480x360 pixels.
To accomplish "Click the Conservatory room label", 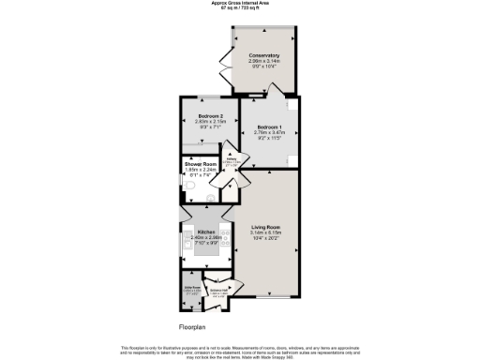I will (265, 55).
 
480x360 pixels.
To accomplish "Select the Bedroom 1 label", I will (268, 125).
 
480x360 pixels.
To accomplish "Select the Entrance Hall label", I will (218, 293).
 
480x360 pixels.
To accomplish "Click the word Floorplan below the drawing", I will (191, 327).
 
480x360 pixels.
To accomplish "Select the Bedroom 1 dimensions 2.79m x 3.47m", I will (268, 131).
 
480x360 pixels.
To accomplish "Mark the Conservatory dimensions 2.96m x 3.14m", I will (265, 62).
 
